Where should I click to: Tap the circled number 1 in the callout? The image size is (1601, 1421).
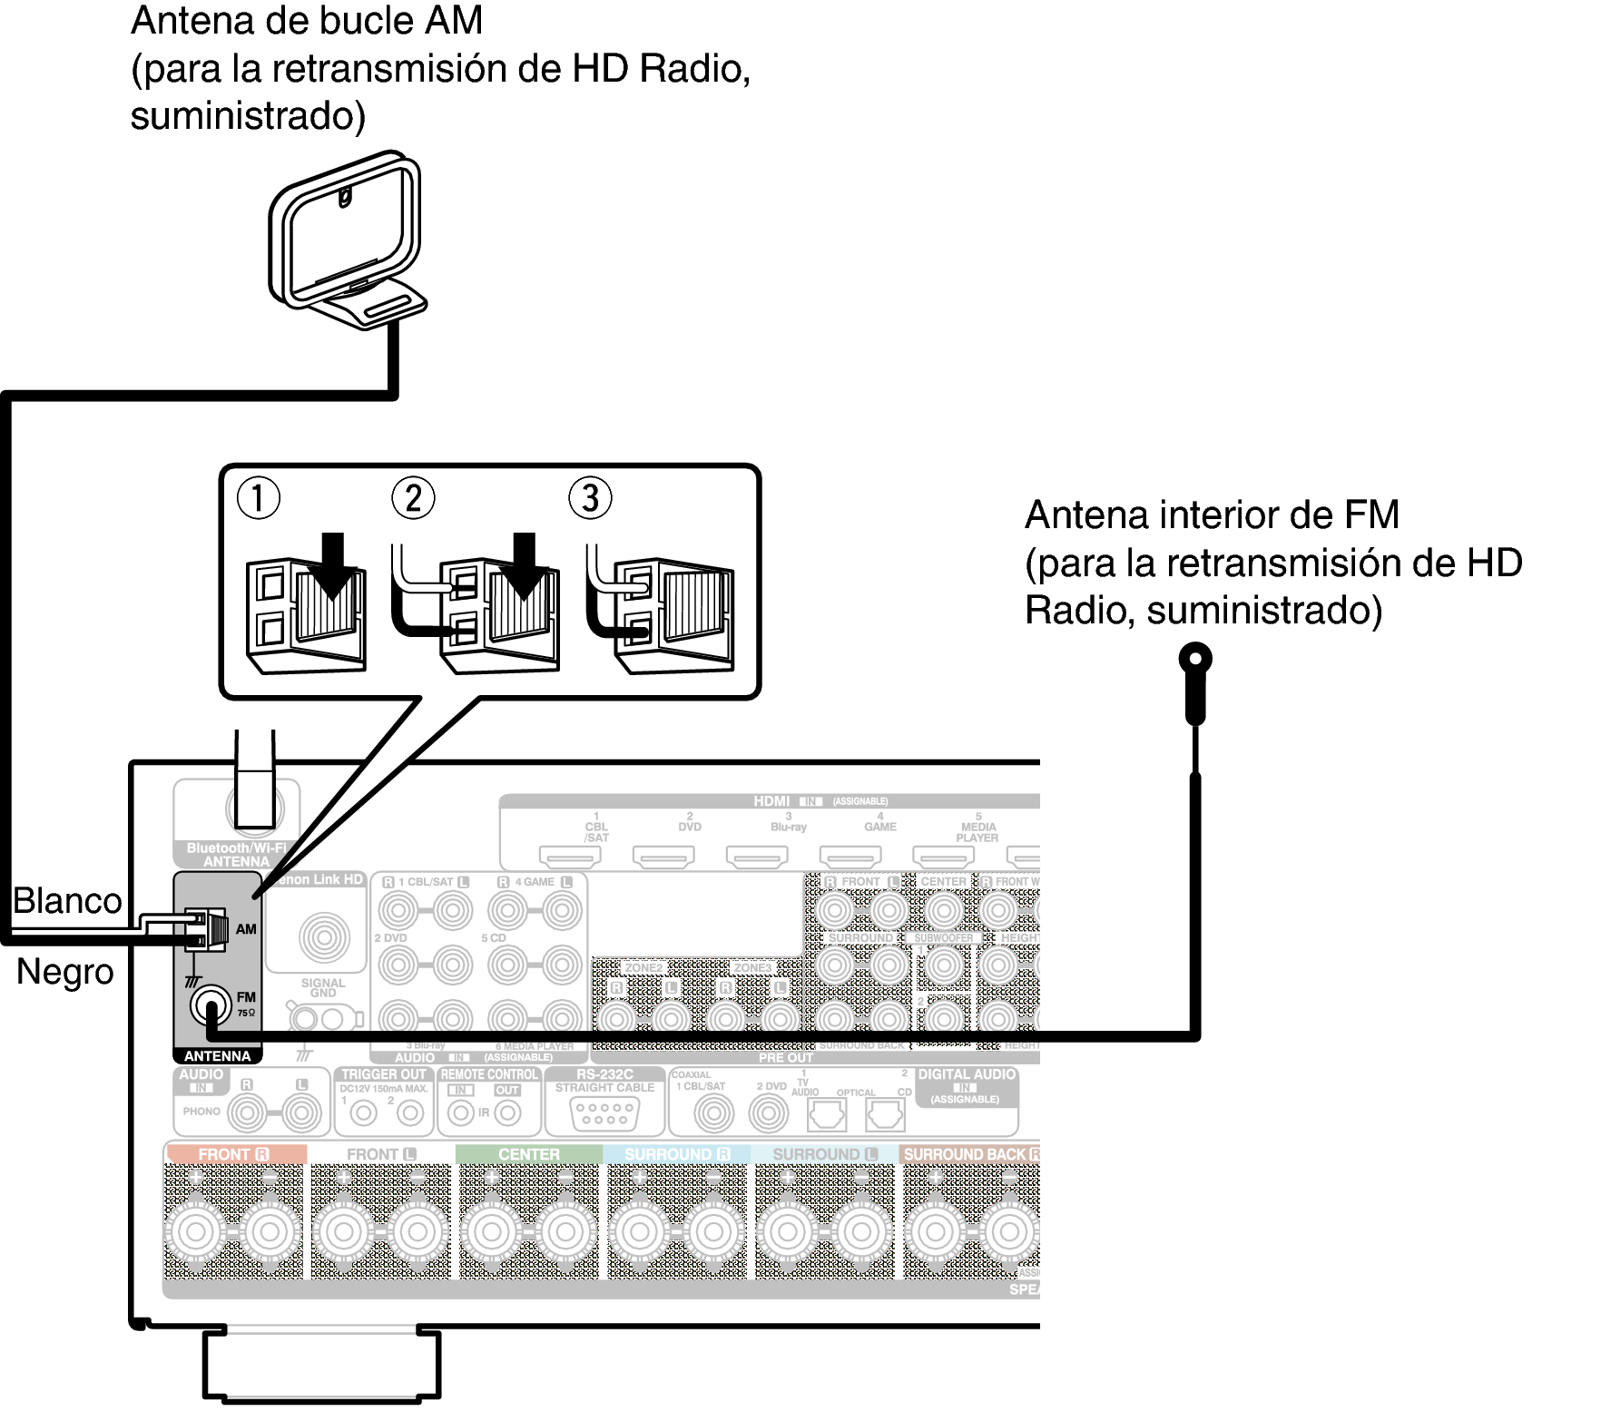(258, 498)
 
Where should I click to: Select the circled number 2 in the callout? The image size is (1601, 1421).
(413, 498)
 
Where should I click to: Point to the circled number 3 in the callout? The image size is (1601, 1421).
(590, 498)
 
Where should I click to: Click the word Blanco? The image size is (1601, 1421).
(67, 901)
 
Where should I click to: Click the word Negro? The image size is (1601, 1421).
(65, 972)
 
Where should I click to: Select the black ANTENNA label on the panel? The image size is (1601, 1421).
(217, 1056)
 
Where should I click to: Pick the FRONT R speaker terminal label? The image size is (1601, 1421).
(234, 1154)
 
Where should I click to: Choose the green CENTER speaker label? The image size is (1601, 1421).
(528, 1154)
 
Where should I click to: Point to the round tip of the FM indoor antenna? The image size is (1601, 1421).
(1195, 658)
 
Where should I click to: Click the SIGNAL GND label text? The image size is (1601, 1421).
(323, 987)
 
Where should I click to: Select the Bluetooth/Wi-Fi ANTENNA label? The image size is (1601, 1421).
(236, 855)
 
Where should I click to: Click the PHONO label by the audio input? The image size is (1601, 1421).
(201, 1111)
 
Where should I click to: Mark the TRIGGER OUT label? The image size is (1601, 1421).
(383, 1074)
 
